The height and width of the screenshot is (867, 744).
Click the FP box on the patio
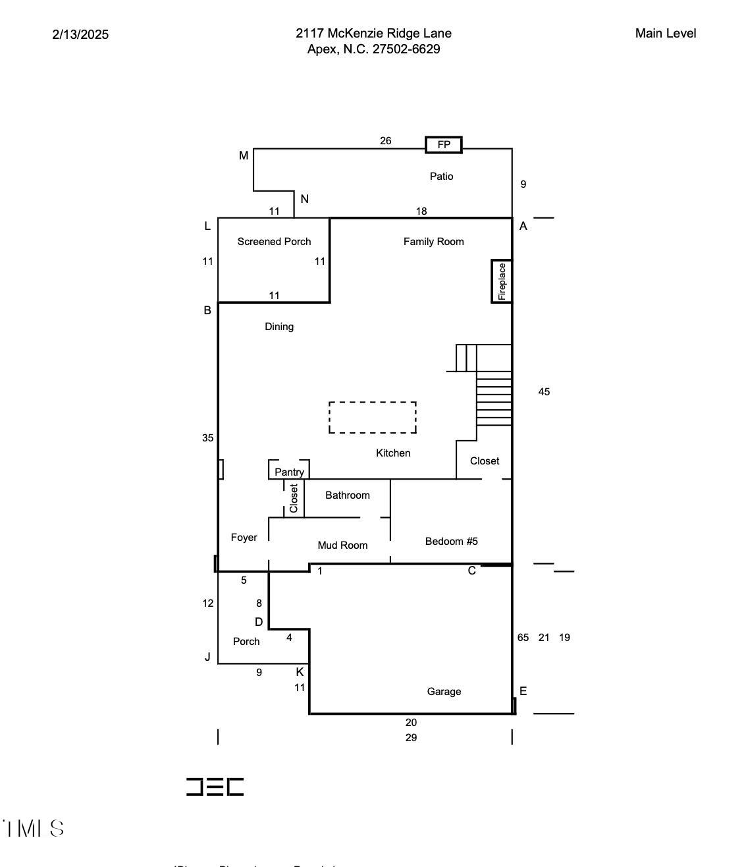[444, 145]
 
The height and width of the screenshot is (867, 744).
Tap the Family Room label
[433, 242]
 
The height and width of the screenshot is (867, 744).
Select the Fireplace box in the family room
[502, 281]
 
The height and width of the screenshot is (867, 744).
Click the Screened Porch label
[274, 242]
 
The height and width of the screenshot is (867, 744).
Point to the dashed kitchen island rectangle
[373, 418]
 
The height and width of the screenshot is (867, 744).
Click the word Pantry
[289, 472]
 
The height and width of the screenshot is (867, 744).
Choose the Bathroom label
[347, 495]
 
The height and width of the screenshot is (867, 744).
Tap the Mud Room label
[342, 545]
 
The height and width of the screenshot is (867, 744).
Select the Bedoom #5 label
[451, 542]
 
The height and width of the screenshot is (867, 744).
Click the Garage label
[444, 692]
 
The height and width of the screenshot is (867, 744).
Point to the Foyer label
[244, 538]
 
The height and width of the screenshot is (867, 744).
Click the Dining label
[279, 327]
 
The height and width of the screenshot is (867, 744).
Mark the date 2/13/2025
[80, 34]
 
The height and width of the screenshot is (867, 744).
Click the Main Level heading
[665, 34]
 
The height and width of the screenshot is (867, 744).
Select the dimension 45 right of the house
[544, 392]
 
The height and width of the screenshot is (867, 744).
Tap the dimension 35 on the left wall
[207, 438]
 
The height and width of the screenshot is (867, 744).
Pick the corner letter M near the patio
[244, 155]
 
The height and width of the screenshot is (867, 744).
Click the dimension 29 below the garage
[411, 738]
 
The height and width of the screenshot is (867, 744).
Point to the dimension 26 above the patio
[385, 141]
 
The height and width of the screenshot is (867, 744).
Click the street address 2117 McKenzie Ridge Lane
[373, 34]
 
